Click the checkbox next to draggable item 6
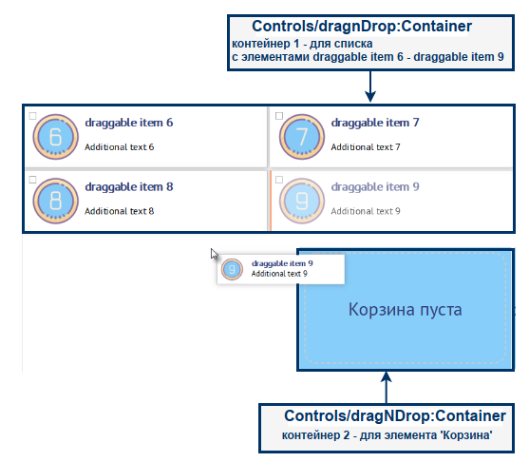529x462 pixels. tap(32, 116)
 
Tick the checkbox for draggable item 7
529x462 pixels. tap(279, 116)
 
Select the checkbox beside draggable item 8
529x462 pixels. tap(32, 180)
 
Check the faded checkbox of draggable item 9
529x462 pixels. tap(279, 180)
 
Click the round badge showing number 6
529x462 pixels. tap(56, 137)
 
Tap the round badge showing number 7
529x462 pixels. tap(302, 137)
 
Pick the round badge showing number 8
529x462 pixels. tap(56, 201)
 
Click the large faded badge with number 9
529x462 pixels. tap(302, 201)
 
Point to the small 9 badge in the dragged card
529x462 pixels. tap(232, 269)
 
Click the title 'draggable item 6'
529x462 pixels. tap(129, 123)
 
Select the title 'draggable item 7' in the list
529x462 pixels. tap(375, 123)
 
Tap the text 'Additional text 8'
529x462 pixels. tap(119, 211)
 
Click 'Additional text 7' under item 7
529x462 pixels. tap(366, 147)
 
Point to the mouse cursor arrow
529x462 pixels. tap(214, 254)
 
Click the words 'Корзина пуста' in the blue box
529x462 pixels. tap(405, 309)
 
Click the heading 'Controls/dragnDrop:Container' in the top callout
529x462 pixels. tap(362, 27)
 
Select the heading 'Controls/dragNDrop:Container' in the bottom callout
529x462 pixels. tap(395, 415)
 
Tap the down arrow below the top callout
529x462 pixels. tap(370, 87)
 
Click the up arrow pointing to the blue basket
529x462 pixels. tap(387, 387)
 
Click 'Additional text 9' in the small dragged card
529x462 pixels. tap(279, 274)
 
